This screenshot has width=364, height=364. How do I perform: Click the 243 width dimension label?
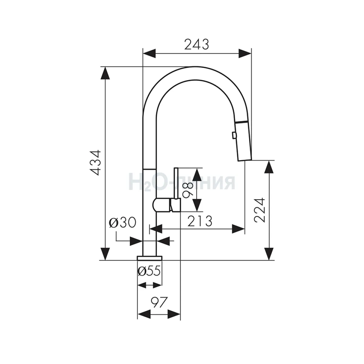tap(197, 44)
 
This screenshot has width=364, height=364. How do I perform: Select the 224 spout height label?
tap(260, 210)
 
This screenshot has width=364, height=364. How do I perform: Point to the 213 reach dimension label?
tap(200, 221)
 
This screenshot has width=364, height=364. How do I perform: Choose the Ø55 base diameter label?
tap(149, 271)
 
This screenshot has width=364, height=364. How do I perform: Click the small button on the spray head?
tap(234, 135)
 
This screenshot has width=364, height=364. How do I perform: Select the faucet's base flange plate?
tap(150, 258)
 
